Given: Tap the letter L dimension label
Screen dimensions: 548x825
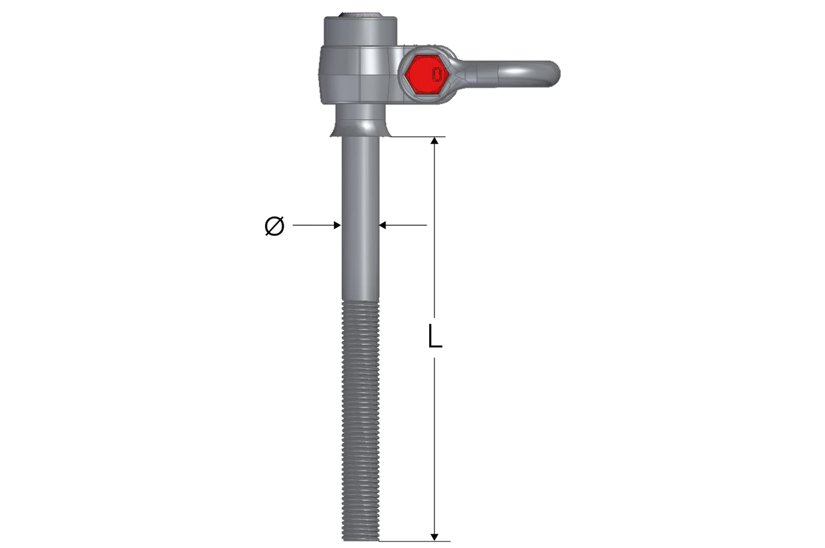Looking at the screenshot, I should click(x=436, y=337).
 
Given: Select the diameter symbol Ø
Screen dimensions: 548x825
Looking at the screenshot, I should click(x=275, y=226).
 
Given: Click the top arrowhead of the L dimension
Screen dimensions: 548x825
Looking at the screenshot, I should click(x=435, y=141).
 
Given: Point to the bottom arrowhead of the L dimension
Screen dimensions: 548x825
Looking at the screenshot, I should click(x=435, y=536).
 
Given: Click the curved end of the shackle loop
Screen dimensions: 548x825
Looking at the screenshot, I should click(x=552, y=73).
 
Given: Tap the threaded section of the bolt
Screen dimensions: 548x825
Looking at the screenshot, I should click(x=360, y=419).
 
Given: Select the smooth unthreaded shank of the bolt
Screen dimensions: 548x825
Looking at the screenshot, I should click(x=360, y=219).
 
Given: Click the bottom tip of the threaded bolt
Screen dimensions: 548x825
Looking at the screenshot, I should click(x=360, y=538).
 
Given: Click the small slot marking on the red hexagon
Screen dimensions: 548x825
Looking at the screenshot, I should click(x=438, y=74).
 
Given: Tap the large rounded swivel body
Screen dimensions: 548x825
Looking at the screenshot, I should click(x=354, y=74).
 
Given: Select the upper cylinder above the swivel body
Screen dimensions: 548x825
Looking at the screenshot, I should click(x=360, y=31).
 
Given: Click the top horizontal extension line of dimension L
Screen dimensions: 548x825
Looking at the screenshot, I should click(x=419, y=137).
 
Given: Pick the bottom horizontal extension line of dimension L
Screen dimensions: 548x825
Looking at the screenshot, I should click(x=419, y=541).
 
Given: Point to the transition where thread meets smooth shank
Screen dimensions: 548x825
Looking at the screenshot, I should click(x=360, y=300).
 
